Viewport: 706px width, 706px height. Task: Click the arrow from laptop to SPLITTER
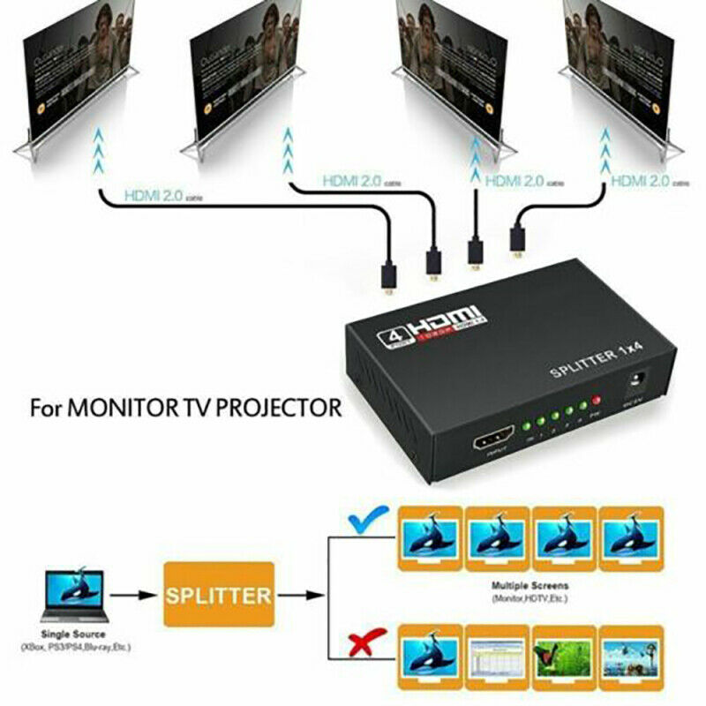click(138, 596)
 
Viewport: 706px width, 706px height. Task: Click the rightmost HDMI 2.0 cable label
click(640, 181)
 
